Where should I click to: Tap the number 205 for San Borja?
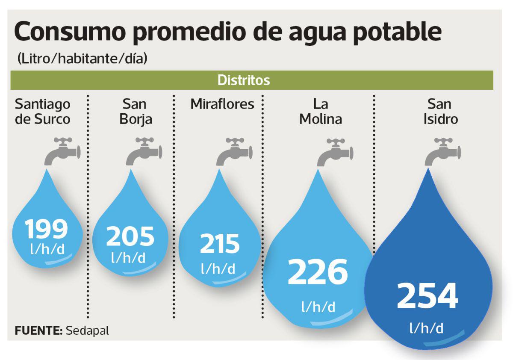pyautogui.click(x=130, y=236)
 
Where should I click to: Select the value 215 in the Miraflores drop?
pyautogui.click(x=219, y=244)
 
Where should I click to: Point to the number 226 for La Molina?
pyautogui.click(x=317, y=272)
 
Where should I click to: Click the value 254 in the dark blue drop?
pyautogui.click(x=427, y=296)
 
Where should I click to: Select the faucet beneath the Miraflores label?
pyautogui.click(x=234, y=152)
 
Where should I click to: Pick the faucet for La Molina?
pyautogui.click(x=335, y=152)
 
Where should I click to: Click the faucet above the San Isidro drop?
pyautogui.click(x=443, y=152)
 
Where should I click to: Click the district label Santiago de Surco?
pyautogui.click(x=43, y=111)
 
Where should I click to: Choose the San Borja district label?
pyautogui.click(x=136, y=111)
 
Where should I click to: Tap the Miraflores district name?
pyautogui.click(x=222, y=104)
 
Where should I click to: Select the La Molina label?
pyautogui.click(x=321, y=111)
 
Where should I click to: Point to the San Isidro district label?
pyautogui.click(x=440, y=111)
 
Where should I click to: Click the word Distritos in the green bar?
pyautogui.click(x=244, y=80)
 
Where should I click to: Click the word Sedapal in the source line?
pyautogui.click(x=88, y=330)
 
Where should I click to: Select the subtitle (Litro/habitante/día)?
pyautogui.click(x=82, y=58)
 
